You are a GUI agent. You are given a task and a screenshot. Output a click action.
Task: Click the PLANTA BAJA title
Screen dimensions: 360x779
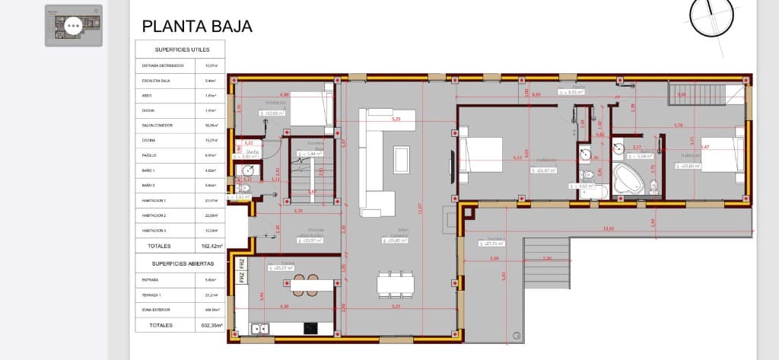pos(197,27)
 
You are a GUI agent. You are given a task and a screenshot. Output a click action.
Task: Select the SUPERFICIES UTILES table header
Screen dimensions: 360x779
pos(181,49)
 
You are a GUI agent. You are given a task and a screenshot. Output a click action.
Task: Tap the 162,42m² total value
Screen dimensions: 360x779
pos(211,247)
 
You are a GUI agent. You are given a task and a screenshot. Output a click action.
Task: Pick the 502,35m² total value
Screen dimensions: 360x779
pos(211,325)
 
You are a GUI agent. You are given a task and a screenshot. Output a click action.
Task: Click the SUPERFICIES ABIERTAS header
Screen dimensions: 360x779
pos(181,263)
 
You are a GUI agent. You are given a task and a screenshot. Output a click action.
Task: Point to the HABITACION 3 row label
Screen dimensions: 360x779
pos(159,230)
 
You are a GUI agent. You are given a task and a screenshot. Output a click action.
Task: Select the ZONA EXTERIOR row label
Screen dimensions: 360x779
pos(157,310)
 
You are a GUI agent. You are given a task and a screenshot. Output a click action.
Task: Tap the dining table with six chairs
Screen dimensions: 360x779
pos(396,285)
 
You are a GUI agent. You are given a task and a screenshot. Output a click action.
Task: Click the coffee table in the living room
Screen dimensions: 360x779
pos(401,158)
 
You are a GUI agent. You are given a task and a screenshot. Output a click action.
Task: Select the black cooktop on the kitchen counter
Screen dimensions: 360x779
pos(310,328)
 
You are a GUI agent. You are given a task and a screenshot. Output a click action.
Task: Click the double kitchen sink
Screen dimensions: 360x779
pos(259,329)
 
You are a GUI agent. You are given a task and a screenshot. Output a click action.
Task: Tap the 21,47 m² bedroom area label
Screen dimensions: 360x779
pos(545,170)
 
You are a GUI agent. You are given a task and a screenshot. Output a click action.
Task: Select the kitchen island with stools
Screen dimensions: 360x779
pos(303,285)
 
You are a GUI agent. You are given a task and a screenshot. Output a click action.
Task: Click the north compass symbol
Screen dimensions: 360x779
pos(715,14)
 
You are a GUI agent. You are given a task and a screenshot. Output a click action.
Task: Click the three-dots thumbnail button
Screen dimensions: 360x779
pos(73,26)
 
